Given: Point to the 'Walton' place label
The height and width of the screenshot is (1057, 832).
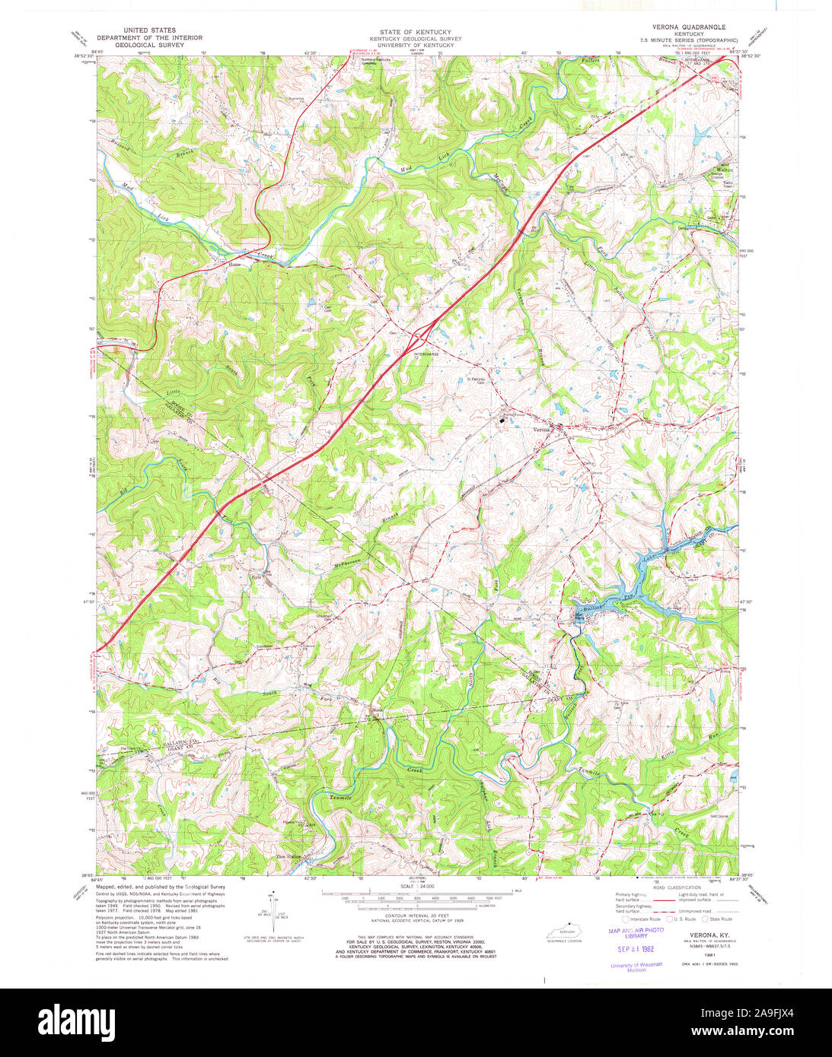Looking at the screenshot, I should point(723,170).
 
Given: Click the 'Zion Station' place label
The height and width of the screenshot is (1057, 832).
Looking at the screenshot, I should point(288,857).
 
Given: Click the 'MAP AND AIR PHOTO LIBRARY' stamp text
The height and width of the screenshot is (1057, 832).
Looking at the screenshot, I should point(635,933).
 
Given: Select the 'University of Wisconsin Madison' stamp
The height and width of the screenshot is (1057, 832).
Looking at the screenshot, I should point(636,967).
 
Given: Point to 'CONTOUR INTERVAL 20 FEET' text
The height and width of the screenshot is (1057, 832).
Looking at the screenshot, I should point(416,915).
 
